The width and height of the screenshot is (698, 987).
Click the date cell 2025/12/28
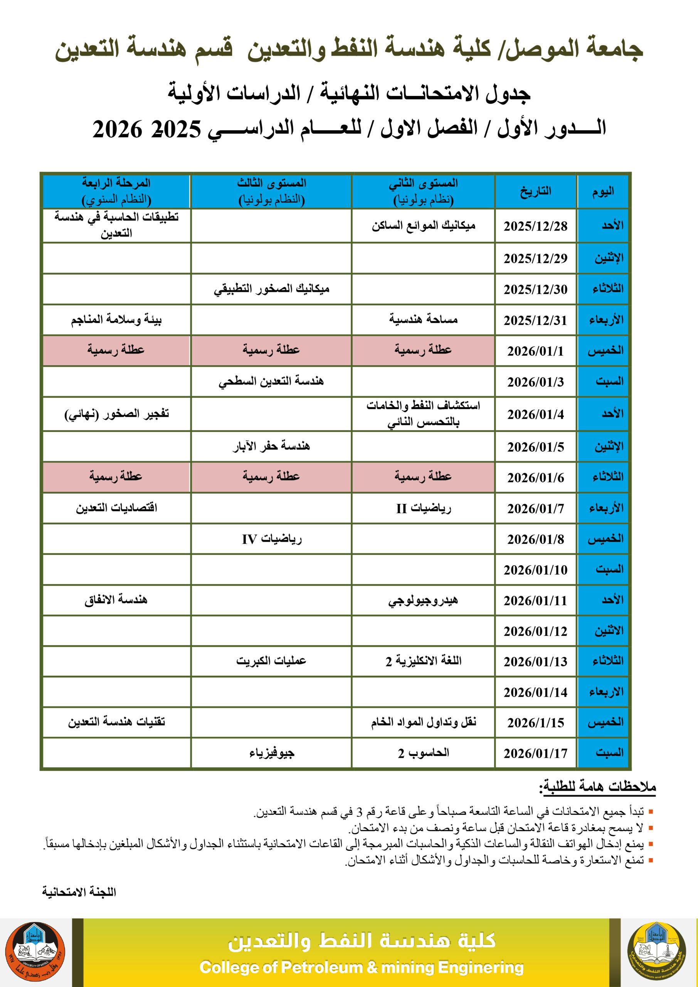535,226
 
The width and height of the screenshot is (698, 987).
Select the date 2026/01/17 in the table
535,753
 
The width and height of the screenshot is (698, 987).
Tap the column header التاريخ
535,191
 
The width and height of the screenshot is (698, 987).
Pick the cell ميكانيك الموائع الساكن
423,225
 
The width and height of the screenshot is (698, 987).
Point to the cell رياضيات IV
271,539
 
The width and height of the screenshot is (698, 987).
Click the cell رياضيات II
423,508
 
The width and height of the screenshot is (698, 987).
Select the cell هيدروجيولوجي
423,600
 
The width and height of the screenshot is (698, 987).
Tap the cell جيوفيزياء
271,753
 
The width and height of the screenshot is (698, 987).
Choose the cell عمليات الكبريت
271,661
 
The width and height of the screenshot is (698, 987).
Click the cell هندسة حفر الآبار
271,446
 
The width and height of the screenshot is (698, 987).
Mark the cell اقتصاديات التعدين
116,508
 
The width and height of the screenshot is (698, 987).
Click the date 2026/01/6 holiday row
535,478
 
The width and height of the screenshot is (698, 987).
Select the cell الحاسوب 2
423,753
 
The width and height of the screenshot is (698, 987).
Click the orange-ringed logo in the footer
35,951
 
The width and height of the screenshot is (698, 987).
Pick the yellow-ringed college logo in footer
656,951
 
